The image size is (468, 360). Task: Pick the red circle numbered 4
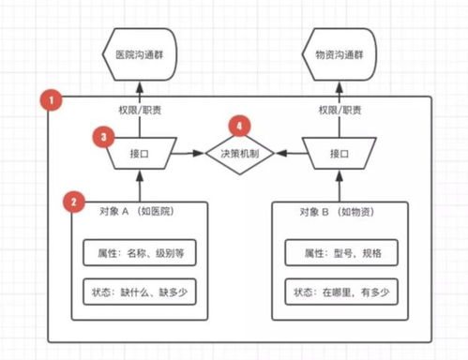pos(243,125)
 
